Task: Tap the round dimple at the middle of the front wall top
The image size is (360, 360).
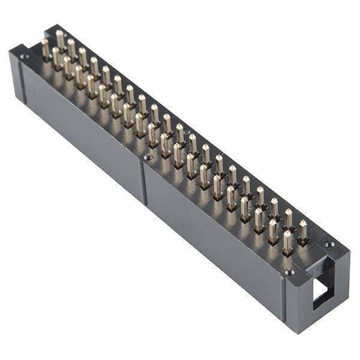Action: point(148,157)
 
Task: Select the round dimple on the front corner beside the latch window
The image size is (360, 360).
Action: point(289,272)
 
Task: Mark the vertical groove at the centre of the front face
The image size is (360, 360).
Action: point(143,180)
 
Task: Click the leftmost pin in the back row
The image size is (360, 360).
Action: point(60,39)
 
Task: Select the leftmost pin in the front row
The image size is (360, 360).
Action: point(46,48)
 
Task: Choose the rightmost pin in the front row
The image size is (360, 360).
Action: point(287,241)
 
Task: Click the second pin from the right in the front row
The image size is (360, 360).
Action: point(273,230)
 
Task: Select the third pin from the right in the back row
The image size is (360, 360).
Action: point(274,208)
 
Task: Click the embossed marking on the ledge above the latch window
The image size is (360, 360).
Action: point(319,266)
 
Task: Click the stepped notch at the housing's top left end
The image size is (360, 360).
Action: point(18,49)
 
